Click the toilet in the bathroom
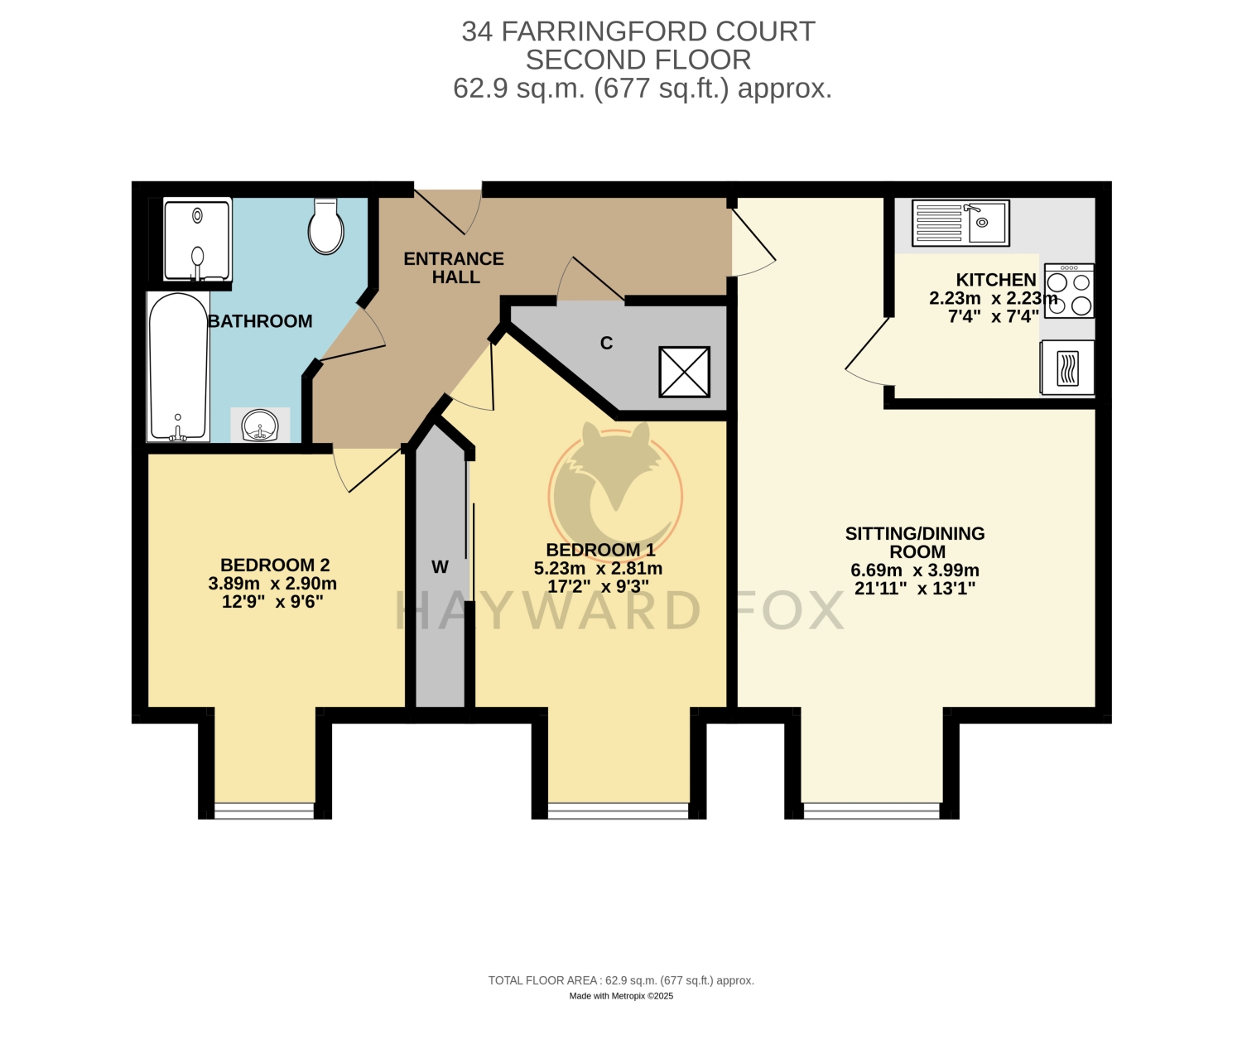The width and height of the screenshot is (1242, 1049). pos(325,227)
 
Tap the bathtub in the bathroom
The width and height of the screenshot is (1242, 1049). pos(179,367)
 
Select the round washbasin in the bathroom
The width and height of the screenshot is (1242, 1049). pos(260,426)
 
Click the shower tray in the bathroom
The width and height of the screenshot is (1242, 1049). pos(197,239)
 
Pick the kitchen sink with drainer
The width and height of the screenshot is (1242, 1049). pos(960,223)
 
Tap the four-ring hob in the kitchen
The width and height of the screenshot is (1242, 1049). pos(1069,291)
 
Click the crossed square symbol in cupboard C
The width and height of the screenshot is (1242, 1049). pos(684,373)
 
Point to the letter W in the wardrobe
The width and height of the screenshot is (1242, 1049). pos(440,567)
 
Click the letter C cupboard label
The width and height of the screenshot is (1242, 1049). pos(606,343)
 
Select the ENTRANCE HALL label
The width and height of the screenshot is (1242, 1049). pos(454,267)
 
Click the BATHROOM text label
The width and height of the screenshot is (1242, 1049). pos(260,321)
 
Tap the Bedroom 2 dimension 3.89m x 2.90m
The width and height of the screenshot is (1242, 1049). pos(272,584)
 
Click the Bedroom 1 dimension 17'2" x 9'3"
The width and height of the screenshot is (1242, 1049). pos(598,586)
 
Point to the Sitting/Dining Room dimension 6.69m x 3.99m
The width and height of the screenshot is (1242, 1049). pos(915,570)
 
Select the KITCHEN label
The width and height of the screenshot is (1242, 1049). pos(996,280)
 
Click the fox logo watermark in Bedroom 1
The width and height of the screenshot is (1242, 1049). pos(616,488)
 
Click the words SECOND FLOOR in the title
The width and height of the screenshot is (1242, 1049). pos(638,60)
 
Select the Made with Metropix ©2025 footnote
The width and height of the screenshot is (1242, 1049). pos(621,996)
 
